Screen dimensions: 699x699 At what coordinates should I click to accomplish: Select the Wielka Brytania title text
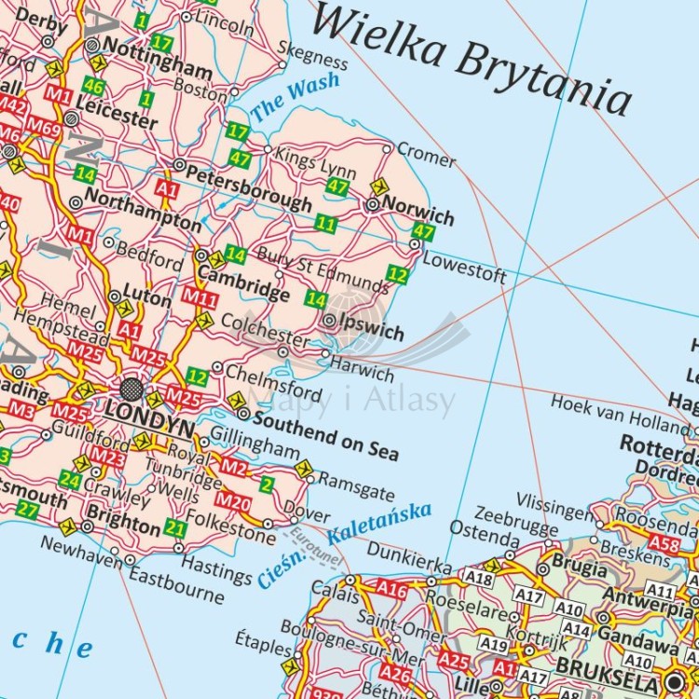pos(471,58)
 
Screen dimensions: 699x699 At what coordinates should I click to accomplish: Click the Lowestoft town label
pos(464,267)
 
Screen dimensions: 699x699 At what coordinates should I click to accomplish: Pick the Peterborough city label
pos(250,185)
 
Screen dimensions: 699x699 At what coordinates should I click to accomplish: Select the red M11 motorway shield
pos(199,297)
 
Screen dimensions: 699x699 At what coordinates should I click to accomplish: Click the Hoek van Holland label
pos(619,413)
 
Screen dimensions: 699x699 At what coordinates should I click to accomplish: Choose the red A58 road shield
pos(665,542)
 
